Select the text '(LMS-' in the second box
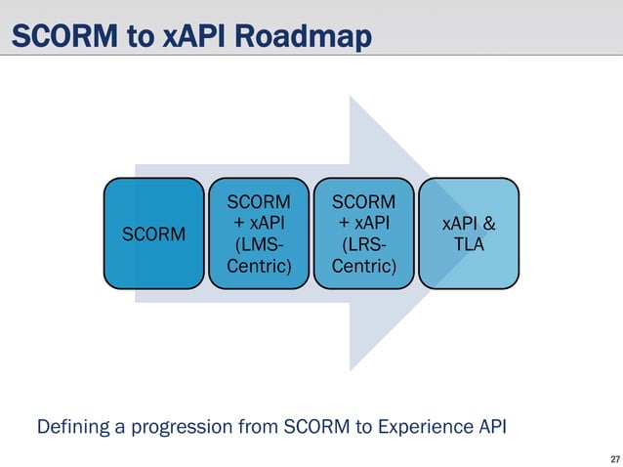tap(259, 244)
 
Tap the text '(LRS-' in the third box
tap(364, 244)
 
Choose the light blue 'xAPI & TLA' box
tap(470, 233)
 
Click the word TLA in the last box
tap(470, 244)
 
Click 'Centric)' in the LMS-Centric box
tap(259, 265)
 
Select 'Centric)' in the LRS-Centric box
tap(364, 265)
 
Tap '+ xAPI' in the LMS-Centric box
tap(259, 223)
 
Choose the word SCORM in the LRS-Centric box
tap(364, 201)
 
